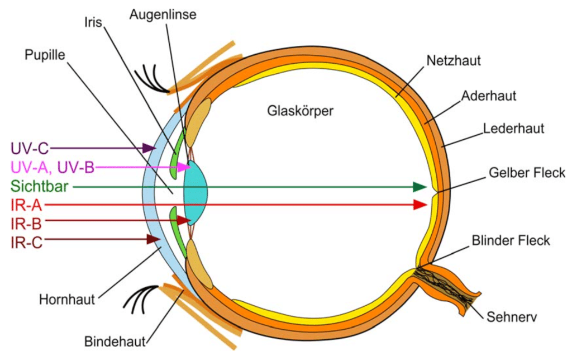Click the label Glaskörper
(x=301, y=111)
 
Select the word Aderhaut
(x=488, y=96)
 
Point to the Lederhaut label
(x=513, y=129)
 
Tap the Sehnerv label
(x=511, y=317)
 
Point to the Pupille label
(x=45, y=55)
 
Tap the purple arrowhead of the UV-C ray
(x=149, y=148)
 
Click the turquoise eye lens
(x=197, y=186)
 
